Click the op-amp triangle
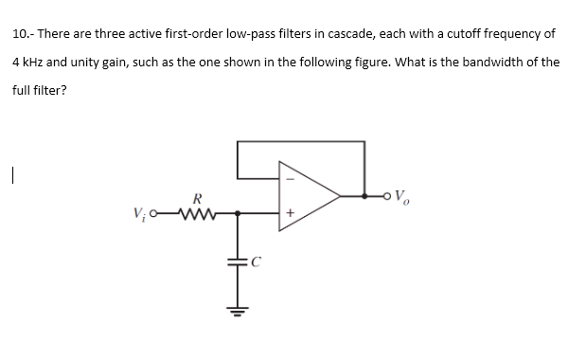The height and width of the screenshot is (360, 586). [308, 197]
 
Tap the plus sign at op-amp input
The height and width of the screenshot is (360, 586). [291, 214]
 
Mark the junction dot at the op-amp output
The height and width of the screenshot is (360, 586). [365, 197]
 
